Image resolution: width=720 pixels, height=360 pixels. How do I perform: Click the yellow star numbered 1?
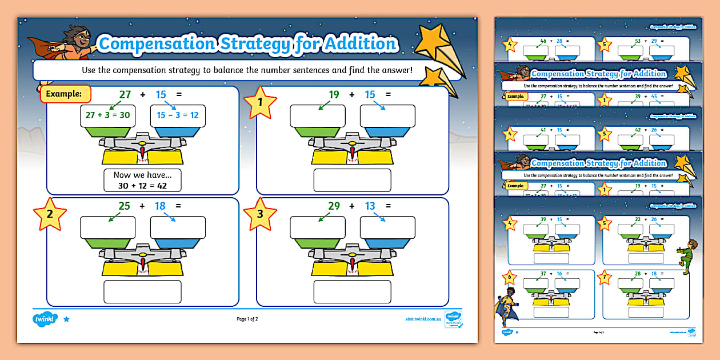260,103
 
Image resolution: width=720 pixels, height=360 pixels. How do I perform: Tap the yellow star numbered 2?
50,214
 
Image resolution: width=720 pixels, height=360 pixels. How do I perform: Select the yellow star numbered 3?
260,214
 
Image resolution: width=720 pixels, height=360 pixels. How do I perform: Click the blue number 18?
160,206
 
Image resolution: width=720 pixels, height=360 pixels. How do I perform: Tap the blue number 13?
370,206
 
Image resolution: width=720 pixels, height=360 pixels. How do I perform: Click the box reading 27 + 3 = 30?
107,115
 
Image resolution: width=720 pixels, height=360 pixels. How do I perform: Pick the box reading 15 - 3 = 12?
178,115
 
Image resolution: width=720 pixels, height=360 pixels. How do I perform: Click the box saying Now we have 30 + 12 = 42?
142,180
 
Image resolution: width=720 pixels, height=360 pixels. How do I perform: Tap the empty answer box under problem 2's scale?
142,291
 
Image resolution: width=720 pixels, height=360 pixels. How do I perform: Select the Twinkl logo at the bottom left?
46,319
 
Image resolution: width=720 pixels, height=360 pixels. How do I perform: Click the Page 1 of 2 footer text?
247,319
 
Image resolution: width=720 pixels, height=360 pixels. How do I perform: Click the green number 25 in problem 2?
125,206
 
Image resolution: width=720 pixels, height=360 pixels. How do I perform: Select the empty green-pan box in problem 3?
317,227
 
